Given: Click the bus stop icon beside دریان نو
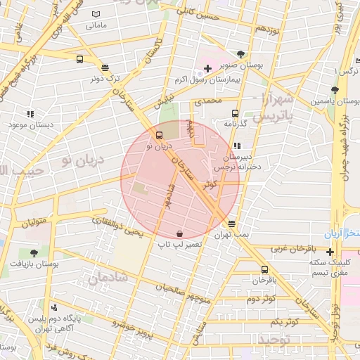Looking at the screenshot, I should tap(160, 134).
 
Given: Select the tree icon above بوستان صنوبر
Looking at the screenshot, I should tap(242, 54).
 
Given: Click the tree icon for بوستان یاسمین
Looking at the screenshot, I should tap(335, 90).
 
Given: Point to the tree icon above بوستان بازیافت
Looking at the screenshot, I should tap(34, 252).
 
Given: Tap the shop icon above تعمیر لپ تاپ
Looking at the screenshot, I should tap(180, 233).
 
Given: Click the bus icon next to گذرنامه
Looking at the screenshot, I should tap(235, 112).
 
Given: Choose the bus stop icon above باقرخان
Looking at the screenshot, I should tap(264, 269).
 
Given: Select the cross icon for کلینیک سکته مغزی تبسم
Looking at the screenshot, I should tap(329, 251).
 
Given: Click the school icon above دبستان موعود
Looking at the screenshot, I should tap(30, 113).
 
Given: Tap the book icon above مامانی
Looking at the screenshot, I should tap(96, 14).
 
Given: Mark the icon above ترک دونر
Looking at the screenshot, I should tap(105, 67).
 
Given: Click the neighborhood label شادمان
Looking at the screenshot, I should tap(108, 278).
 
